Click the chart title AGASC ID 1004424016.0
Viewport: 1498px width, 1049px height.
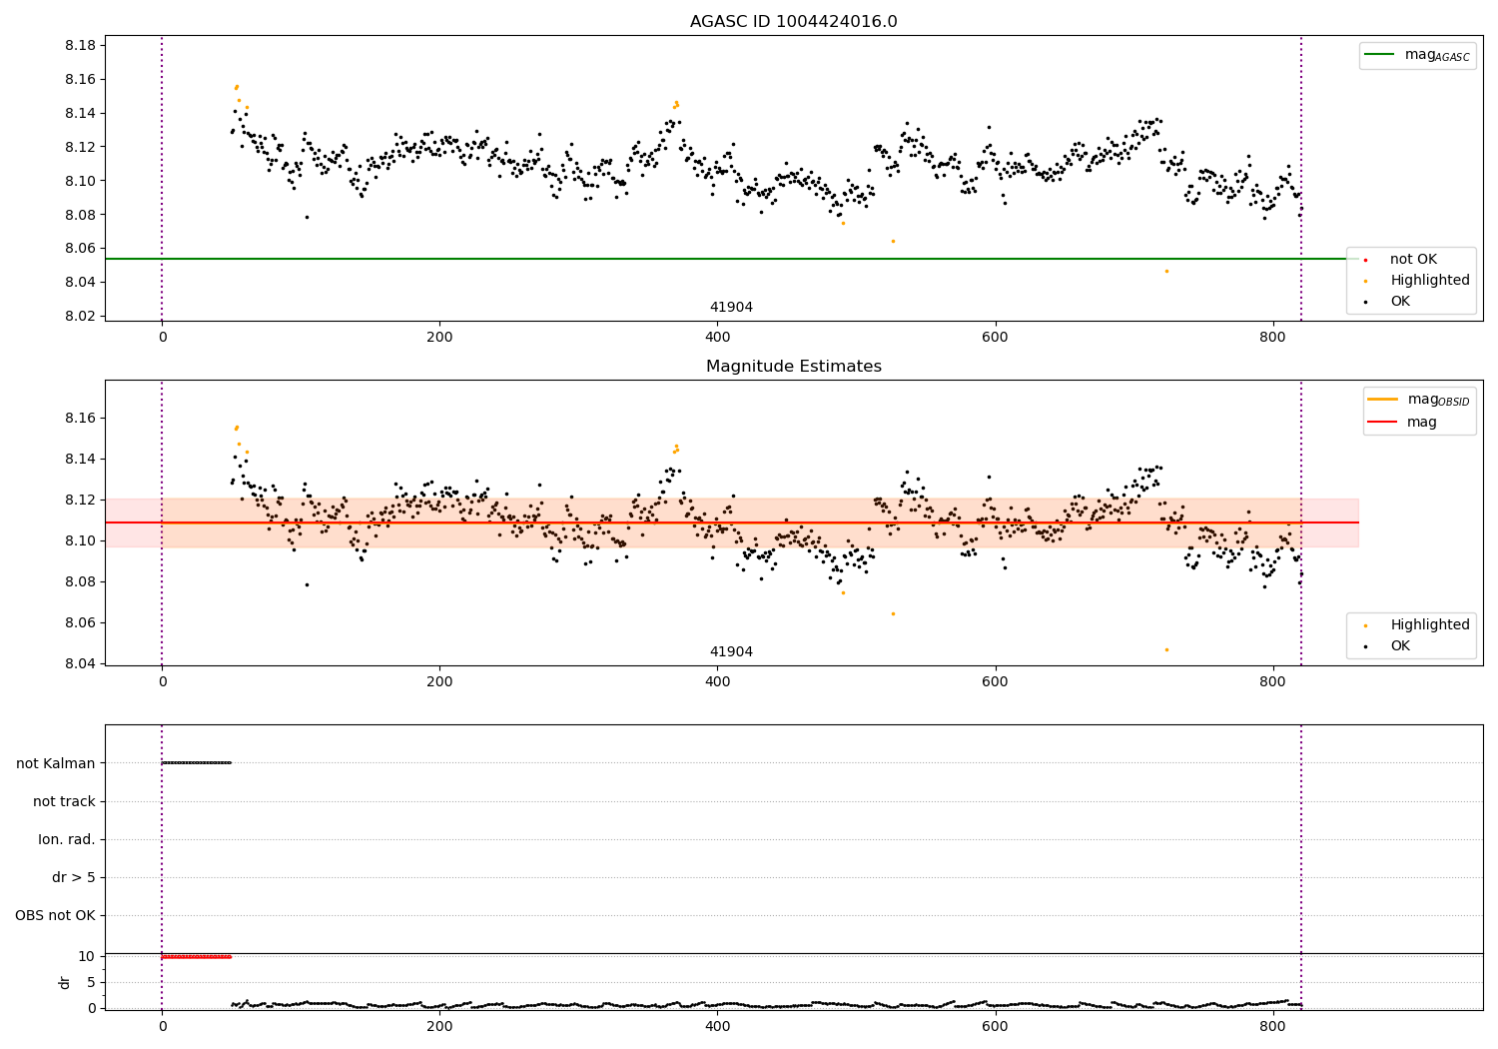pos(793,22)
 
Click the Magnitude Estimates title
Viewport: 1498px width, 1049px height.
pos(793,367)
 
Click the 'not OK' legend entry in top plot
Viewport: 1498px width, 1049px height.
pos(1412,260)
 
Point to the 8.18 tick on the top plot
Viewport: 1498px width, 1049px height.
pos(79,46)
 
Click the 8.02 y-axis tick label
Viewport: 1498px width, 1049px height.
pos(79,316)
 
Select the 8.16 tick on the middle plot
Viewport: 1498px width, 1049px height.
pos(79,418)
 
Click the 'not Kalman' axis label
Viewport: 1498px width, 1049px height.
pos(56,763)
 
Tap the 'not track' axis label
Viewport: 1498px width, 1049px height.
pos(64,801)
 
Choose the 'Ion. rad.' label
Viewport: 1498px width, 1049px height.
pos(67,839)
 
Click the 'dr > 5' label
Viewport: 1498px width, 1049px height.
pos(74,877)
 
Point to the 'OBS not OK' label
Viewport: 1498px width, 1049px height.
pos(56,915)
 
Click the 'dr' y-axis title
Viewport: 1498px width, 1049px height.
pos(65,982)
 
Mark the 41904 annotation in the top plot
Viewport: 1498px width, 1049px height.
pos(731,308)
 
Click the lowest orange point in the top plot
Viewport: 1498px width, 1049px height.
pos(1165,271)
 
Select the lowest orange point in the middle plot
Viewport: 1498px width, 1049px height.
pos(1165,649)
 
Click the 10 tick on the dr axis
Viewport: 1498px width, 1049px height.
pos(87,956)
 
